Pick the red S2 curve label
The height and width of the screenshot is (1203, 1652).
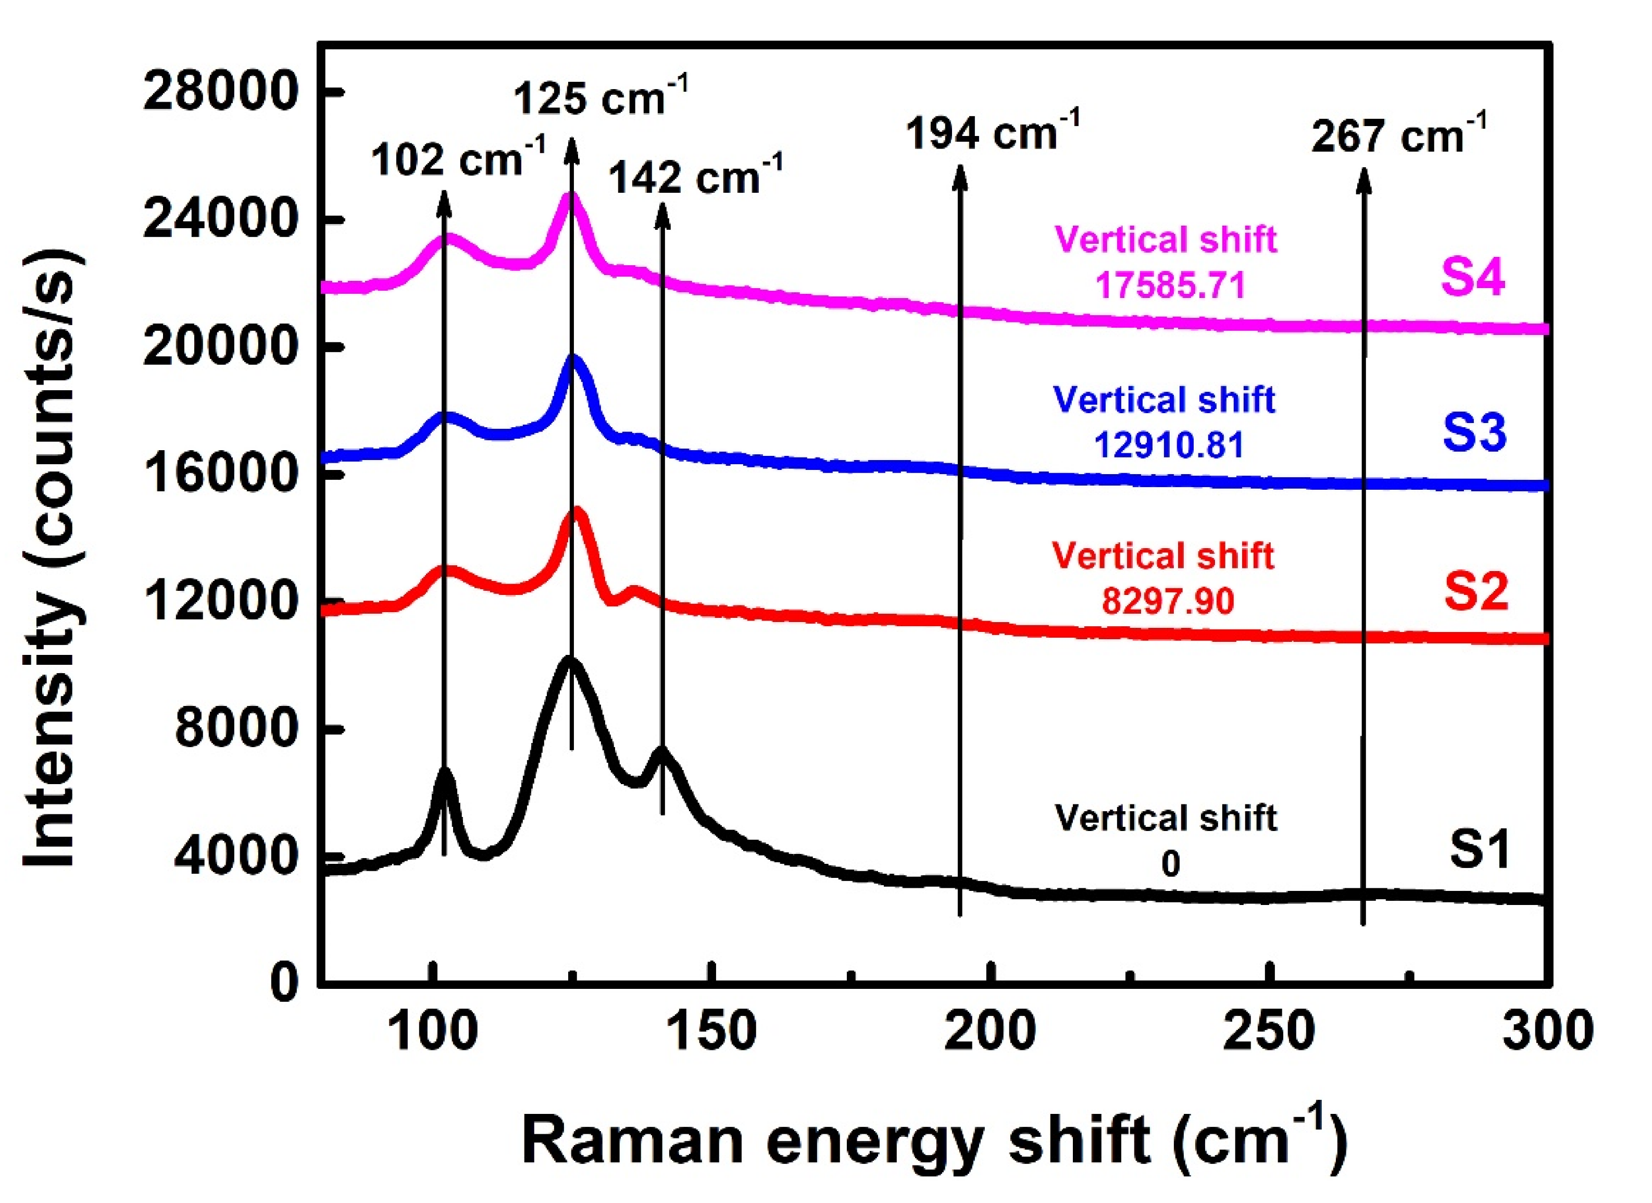click(1476, 591)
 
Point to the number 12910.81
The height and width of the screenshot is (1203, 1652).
click(1169, 444)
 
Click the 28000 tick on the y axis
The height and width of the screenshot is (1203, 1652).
click(221, 93)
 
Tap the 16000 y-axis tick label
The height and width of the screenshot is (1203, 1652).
click(221, 474)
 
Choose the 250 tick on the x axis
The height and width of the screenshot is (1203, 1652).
click(1269, 1033)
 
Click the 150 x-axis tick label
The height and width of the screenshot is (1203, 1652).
click(711, 1033)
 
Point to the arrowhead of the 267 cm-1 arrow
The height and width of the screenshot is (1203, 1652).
click(1363, 179)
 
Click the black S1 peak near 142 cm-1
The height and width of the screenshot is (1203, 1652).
click(661, 751)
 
